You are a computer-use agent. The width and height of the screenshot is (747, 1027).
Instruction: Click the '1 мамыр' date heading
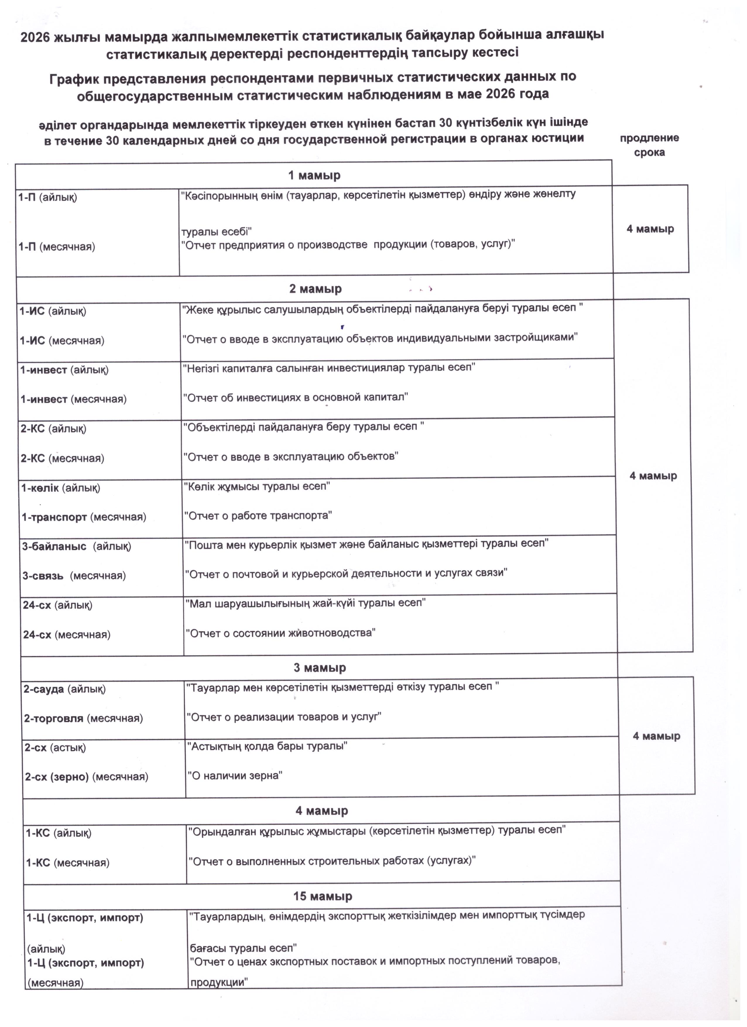click(x=314, y=175)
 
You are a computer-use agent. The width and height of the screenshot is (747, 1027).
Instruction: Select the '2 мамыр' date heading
click(x=315, y=288)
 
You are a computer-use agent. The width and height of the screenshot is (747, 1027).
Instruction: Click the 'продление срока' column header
click(x=649, y=145)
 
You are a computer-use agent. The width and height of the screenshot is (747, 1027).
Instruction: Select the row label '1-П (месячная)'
click(x=56, y=247)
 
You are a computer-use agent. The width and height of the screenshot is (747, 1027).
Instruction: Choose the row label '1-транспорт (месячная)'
click(x=84, y=517)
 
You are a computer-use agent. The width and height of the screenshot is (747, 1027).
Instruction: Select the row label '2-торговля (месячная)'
click(x=83, y=718)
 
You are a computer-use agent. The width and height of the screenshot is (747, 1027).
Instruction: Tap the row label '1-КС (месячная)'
click(x=68, y=863)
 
